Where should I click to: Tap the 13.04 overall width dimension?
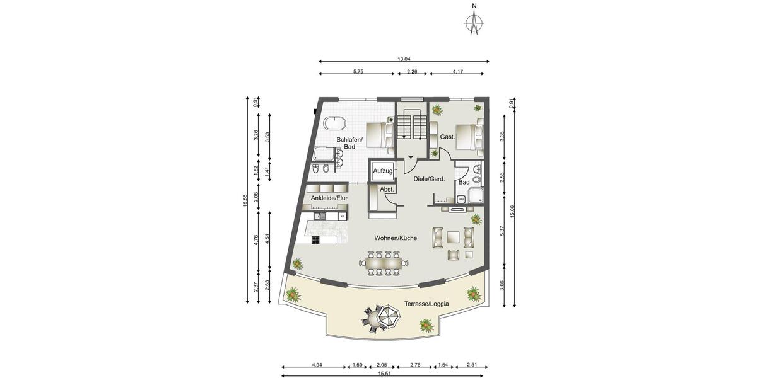pyautogui.click(x=404, y=59)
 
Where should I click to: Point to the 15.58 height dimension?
pyautogui.click(x=245, y=200)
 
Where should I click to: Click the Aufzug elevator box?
pyautogui.click(x=383, y=171)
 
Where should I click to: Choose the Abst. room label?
pyautogui.click(x=386, y=189)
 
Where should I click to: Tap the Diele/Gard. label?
pyautogui.click(x=429, y=179)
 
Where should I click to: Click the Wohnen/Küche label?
pyautogui.click(x=377, y=238)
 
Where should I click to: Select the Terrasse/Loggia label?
pyautogui.click(x=426, y=304)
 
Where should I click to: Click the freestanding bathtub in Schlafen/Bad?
pyautogui.click(x=332, y=123)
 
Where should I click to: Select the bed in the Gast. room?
pyautogui.click(x=467, y=135)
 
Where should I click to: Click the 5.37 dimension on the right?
pyautogui.click(x=502, y=231)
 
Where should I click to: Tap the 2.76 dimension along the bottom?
pyautogui.click(x=415, y=365)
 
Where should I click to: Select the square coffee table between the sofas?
pyautogui.click(x=453, y=237)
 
